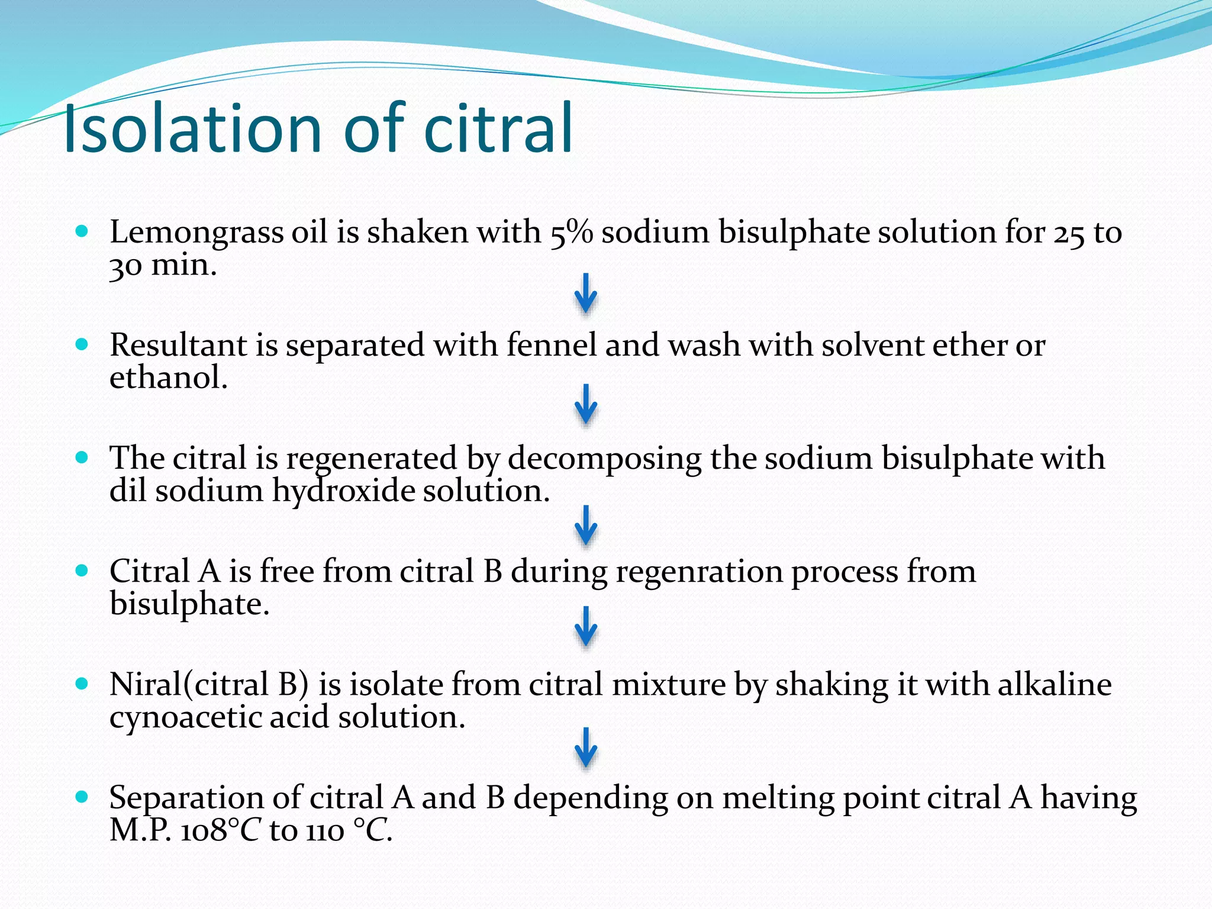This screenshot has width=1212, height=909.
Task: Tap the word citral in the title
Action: click(x=498, y=128)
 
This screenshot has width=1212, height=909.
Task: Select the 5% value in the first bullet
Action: click(x=571, y=232)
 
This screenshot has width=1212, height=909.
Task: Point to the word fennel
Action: click(x=551, y=345)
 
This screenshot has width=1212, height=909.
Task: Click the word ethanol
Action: click(x=168, y=378)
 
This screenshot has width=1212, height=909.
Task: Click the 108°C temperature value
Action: click(x=220, y=830)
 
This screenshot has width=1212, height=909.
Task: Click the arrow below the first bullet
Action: click(x=585, y=294)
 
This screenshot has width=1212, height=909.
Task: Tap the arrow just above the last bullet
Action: click(x=585, y=747)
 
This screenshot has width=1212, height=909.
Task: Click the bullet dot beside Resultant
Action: click(x=82, y=344)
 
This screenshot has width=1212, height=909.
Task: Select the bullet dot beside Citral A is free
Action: click(x=82, y=571)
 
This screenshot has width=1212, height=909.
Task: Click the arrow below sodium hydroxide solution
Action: click(x=585, y=526)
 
